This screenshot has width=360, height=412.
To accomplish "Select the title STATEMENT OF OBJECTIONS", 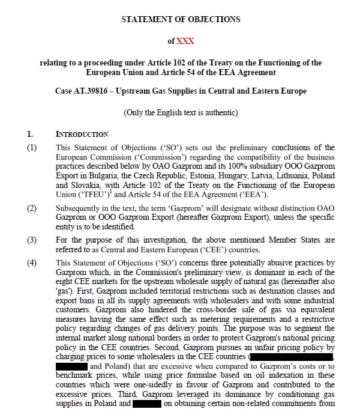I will [x=180, y=19].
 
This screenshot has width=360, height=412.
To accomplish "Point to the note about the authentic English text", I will [x=180, y=113].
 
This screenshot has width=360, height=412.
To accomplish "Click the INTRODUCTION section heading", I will [x=82, y=134].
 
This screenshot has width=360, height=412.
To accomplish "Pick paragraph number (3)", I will [x=32, y=240].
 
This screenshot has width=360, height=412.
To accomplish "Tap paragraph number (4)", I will [x=32, y=262].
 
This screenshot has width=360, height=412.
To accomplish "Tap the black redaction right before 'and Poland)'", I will [x=71, y=365].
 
